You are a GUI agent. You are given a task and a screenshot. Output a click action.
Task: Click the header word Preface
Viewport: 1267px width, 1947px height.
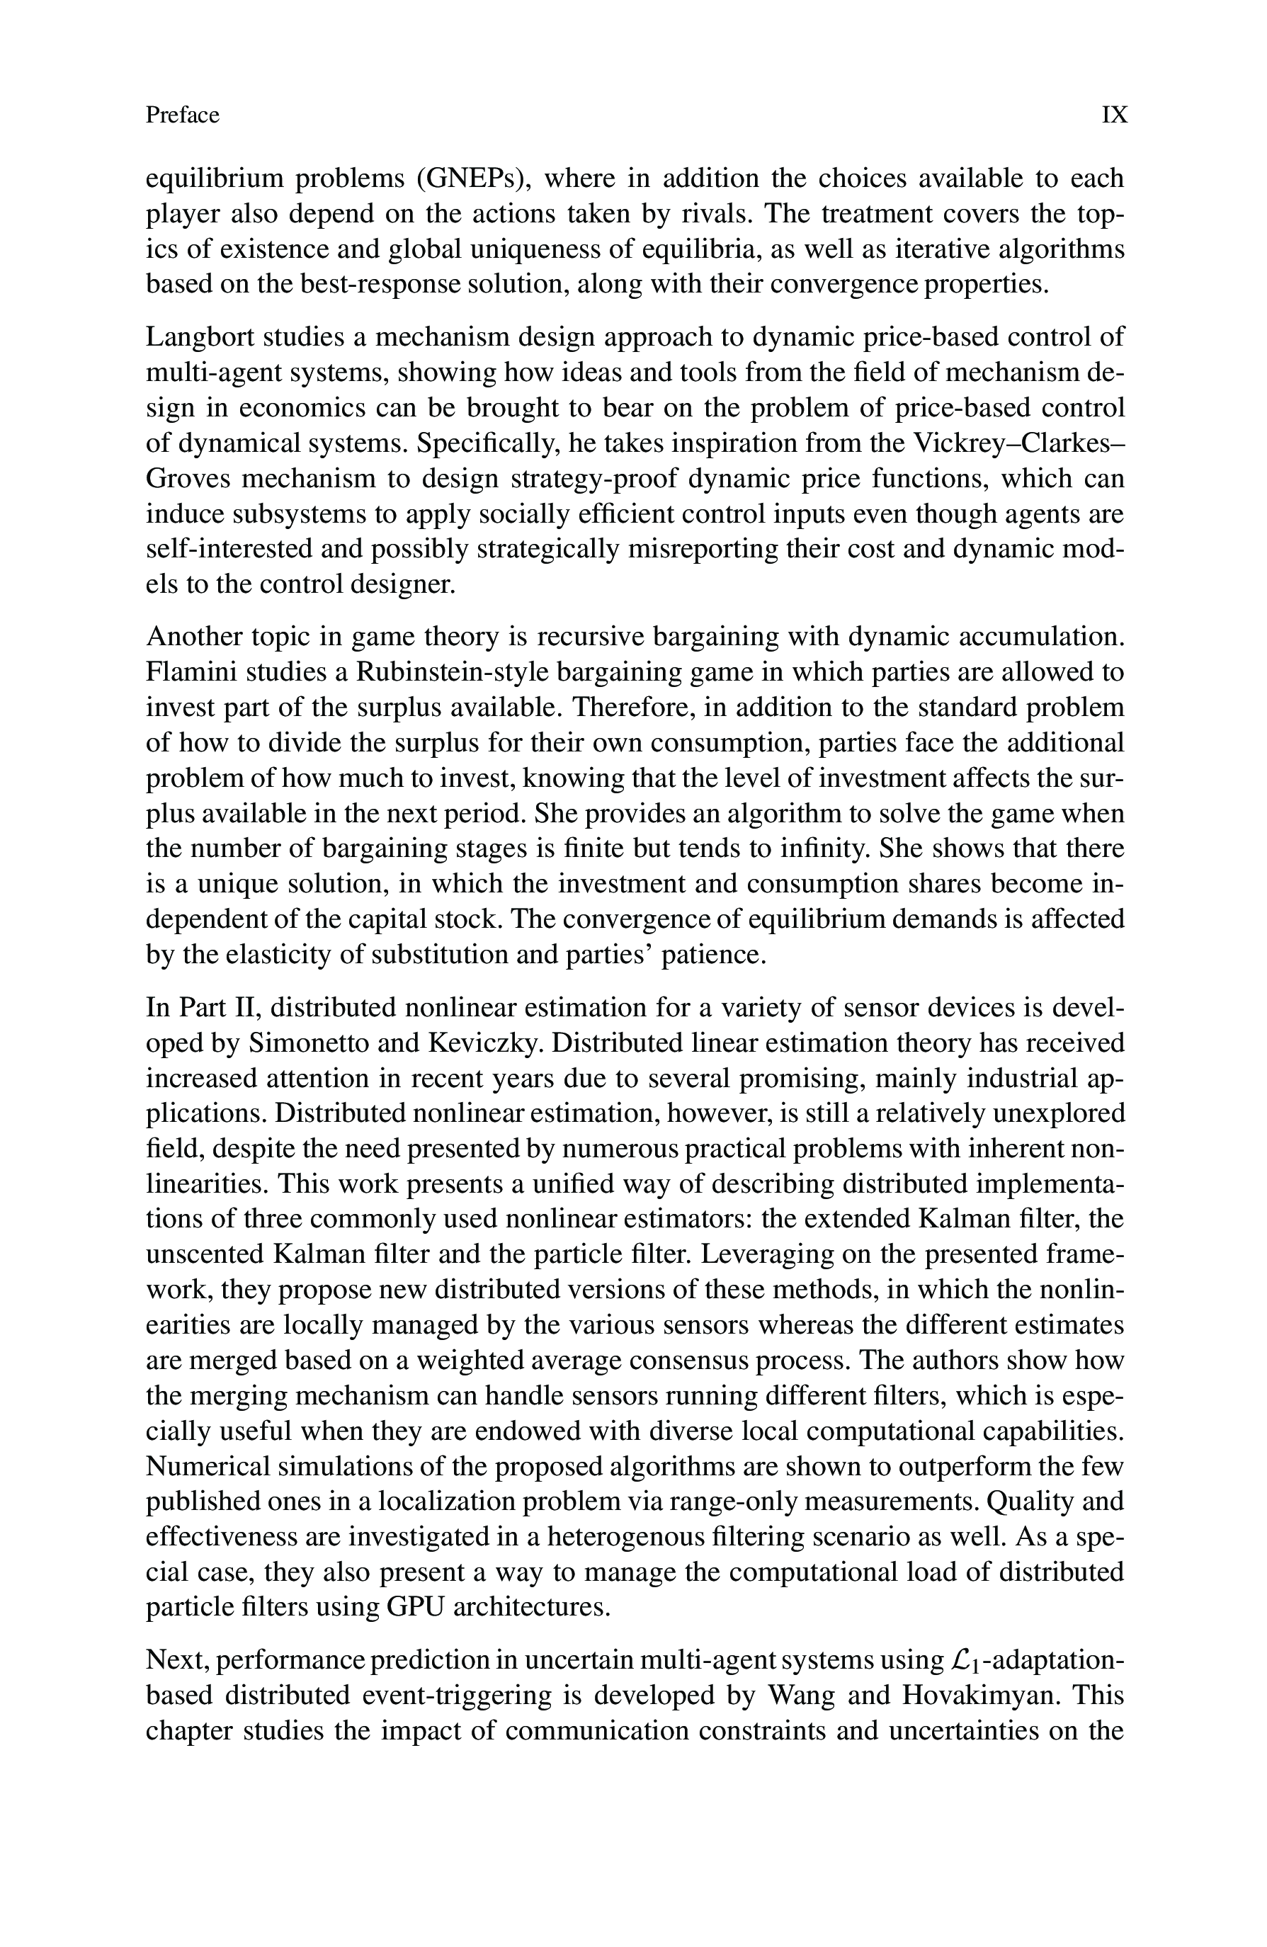[183, 115]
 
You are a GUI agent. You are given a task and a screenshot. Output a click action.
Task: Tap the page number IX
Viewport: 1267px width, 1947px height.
[1114, 115]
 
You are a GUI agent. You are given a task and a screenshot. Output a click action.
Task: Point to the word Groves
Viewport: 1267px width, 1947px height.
[187, 478]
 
